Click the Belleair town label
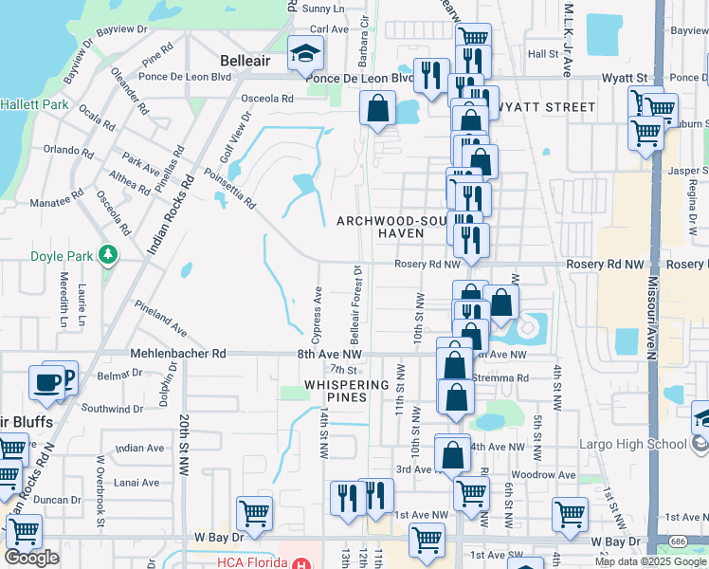coord(245,60)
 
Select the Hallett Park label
coord(33,104)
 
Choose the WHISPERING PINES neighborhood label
coord(347,391)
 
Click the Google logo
coord(31,557)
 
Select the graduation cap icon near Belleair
coord(305,55)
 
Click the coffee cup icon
coord(46,382)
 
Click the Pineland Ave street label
coord(159,318)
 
